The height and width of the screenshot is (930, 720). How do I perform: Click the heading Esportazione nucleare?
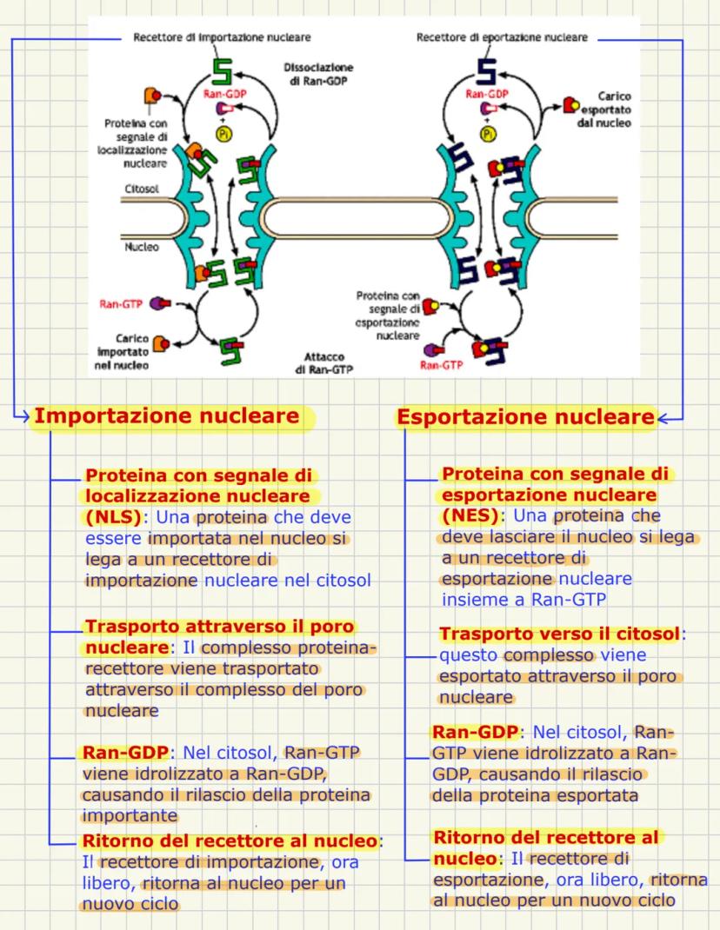(525, 417)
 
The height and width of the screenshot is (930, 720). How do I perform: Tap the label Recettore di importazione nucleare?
(222, 38)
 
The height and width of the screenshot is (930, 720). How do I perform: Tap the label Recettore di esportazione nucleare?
(502, 38)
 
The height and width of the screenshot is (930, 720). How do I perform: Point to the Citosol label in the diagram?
(142, 188)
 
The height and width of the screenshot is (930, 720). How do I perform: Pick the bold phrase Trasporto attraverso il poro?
(221, 627)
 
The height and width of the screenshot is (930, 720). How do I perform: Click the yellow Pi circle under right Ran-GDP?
(488, 134)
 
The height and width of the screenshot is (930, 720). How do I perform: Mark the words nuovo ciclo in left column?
(130, 904)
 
